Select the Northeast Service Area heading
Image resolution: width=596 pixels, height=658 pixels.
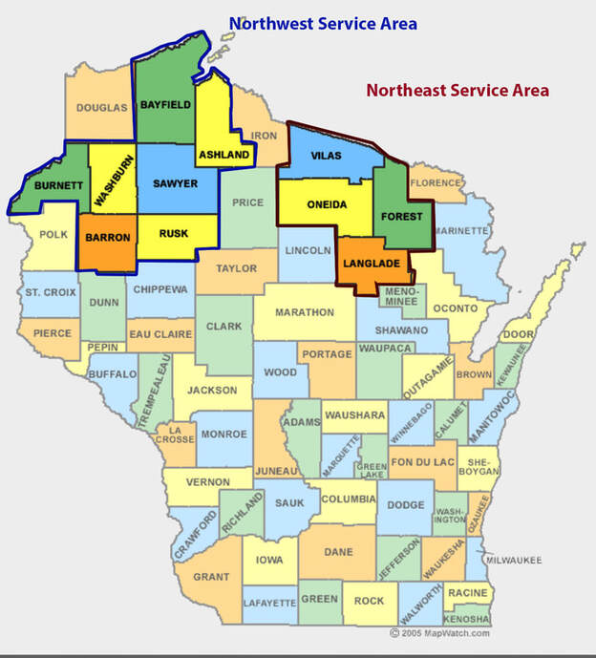458,91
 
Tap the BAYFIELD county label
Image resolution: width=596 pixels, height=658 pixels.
166,104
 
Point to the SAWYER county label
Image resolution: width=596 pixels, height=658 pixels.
175,182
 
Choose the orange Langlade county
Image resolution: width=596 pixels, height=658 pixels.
373,260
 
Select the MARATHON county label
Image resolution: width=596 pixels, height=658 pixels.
305,312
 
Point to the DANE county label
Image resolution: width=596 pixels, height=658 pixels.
338,552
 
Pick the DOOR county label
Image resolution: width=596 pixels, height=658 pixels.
518,334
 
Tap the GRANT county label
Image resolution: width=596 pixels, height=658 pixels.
211,577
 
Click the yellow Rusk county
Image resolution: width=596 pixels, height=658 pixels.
174,232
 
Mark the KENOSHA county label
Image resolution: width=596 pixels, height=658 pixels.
466,620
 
